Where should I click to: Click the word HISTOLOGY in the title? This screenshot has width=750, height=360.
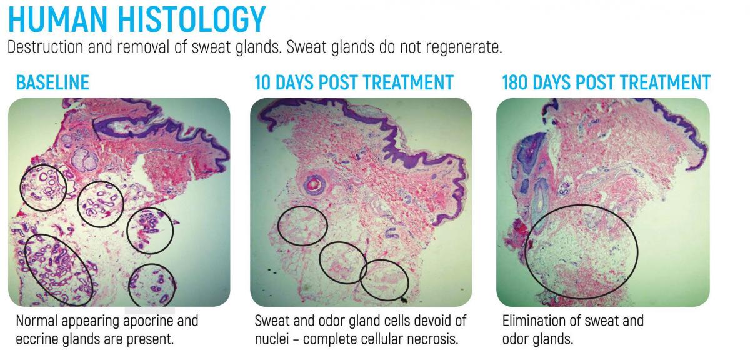pyautogui.click(x=192, y=19)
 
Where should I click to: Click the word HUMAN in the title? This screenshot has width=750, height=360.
pyautogui.click(x=57, y=19)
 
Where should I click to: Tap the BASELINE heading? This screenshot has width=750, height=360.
pyautogui.click(x=53, y=82)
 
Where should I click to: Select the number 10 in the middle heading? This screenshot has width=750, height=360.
pyautogui.click(x=262, y=82)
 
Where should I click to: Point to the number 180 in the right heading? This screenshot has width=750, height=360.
pyautogui.click(x=514, y=82)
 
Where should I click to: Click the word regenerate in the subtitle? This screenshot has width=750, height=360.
pyautogui.click(x=464, y=47)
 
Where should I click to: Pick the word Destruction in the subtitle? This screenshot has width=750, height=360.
pyautogui.click(x=45, y=46)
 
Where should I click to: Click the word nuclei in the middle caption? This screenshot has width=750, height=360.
pyautogui.click(x=271, y=339)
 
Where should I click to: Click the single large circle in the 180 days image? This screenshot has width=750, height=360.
pyautogui.click(x=526, y=252)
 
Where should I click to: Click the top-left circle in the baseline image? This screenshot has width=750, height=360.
pyautogui.click(x=21, y=187)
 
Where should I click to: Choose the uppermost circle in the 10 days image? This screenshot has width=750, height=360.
pyautogui.click(x=279, y=226)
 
